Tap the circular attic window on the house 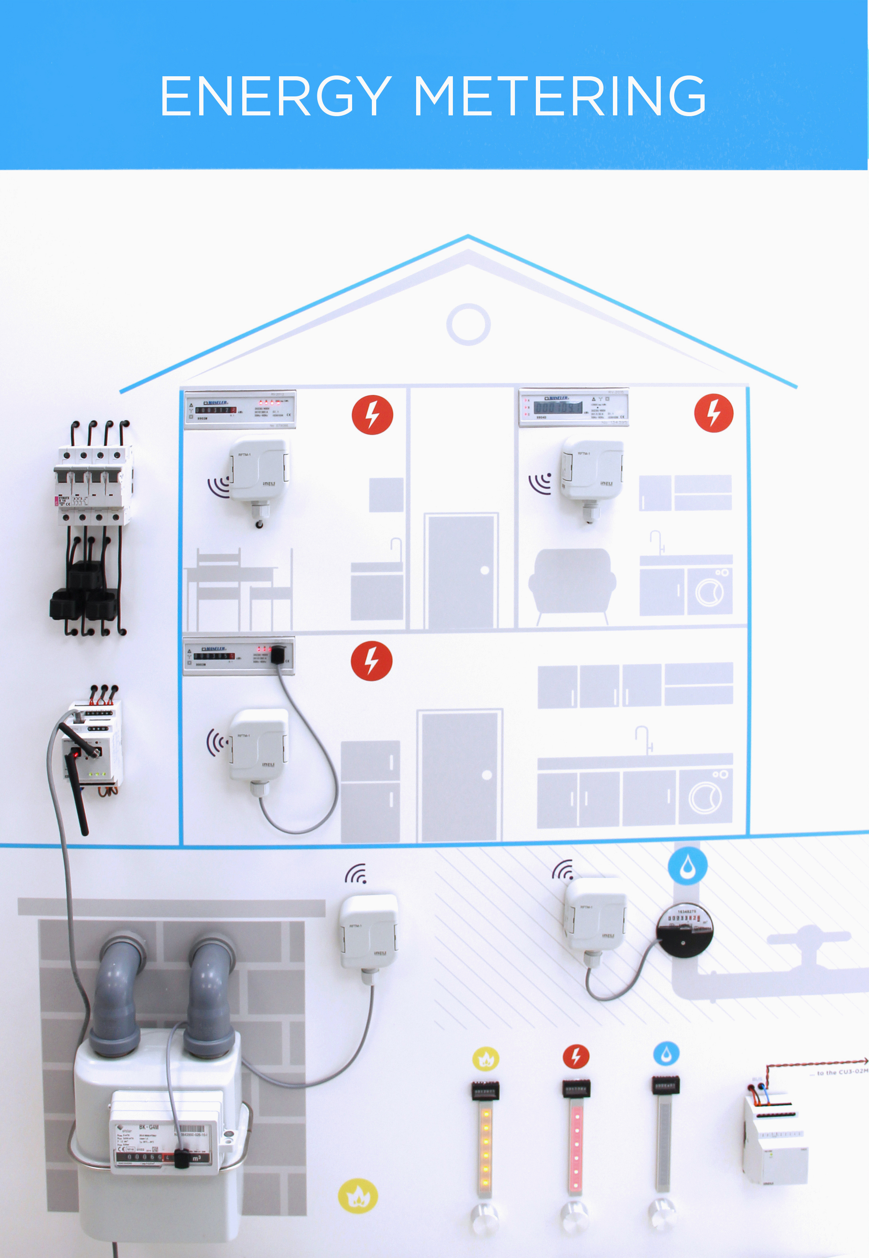(x=468, y=324)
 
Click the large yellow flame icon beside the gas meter (x=358, y=1196)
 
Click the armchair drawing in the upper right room (x=572, y=584)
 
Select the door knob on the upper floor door (x=484, y=570)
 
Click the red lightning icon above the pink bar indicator (x=575, y=1056)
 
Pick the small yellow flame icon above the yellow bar (x=486, y=1059)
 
